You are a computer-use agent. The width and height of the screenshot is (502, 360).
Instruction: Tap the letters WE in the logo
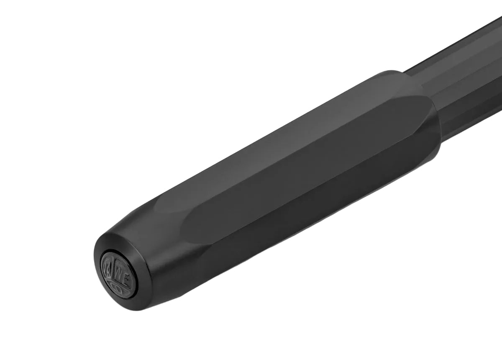coord(121,274)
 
